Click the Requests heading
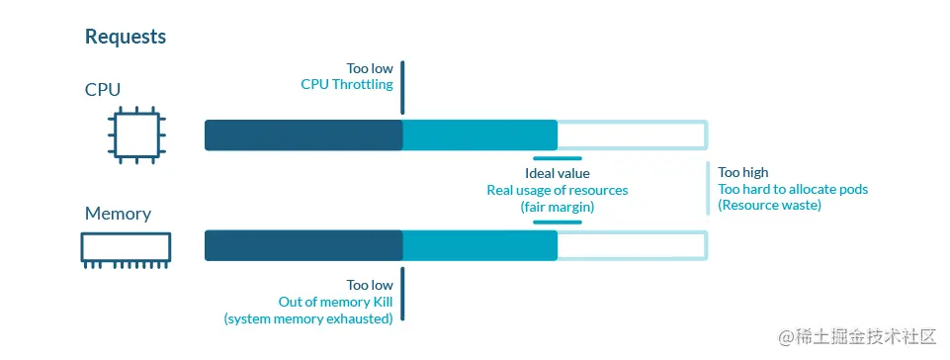(x=126, y=37)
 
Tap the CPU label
(x=103, y=90)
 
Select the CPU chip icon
(x=136, y=135)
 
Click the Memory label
(x=118, y=214)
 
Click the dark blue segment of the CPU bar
(x=303, y=135)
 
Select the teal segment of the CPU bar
(x=479, y=135)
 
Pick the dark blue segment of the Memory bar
(x=303, y=245)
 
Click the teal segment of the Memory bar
(x=479, y=245)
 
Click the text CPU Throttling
(x=347, y=85)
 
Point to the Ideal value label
(x=558, y=173)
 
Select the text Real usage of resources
(x=558, y=190)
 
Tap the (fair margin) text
(x=558, y=207)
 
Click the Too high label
(x=743, y=172)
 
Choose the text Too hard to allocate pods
(x=793, y=189)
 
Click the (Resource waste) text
(x=770, y=206)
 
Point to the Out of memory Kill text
(x=336, y=302)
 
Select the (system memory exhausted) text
(x=308, y=318)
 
